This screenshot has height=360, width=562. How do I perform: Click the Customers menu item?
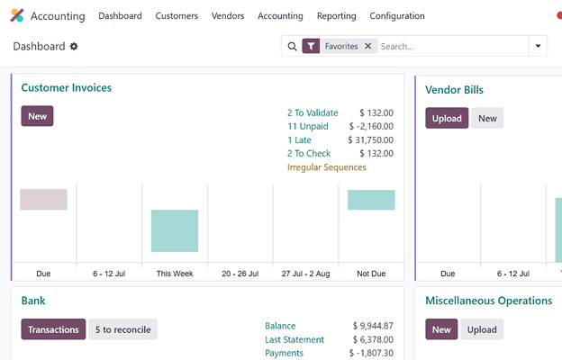click(x=177, y=16)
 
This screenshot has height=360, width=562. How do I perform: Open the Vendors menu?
click(x=228, y=16)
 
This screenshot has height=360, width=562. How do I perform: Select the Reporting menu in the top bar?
click(x=337, y=16)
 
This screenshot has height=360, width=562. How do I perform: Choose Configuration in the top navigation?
click(x=397, y=16)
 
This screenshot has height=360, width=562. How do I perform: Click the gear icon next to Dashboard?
click(x=74, y=47)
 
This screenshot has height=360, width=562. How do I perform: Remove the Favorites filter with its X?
click(x=367, y=46)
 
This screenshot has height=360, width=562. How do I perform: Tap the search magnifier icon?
click(x=292, y=46)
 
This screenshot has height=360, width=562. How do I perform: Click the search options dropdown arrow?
click(x=538, y=46)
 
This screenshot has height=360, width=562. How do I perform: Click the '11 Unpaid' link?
click(x=308, y=127)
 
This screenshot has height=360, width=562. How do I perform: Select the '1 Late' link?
click(x=301, y=140)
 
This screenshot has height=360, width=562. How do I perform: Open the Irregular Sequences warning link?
click(x=327, y=167)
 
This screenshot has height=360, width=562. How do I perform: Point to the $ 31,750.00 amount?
click(x=370, y=140)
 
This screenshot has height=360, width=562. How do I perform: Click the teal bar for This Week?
click(x=175, y=230)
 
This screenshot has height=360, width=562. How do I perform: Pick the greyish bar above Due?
click(x=43, y=199)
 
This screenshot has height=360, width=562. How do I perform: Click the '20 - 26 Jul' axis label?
click(x=240, y=273)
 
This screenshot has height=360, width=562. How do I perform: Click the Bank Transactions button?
click(x=53, y=329)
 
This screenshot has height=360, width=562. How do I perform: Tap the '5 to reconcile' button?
click(x=122, y=329)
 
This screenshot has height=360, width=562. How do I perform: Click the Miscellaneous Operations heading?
click(x=488, y=301)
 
